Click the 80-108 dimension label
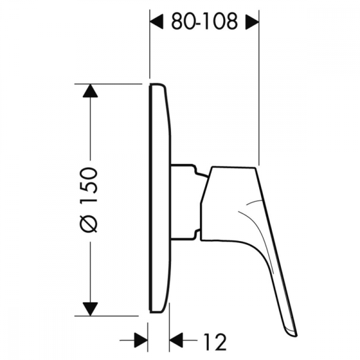tap(204, 22)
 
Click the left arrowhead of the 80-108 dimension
tap(156, 22)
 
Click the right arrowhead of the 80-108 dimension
tap(252, 22)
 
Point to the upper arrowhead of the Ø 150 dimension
tap(90, 91)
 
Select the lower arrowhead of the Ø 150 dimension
tap(90, 308)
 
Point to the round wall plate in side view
tap(160, 198)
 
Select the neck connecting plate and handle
tap(186, 201)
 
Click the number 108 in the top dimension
tap(222, 22)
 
